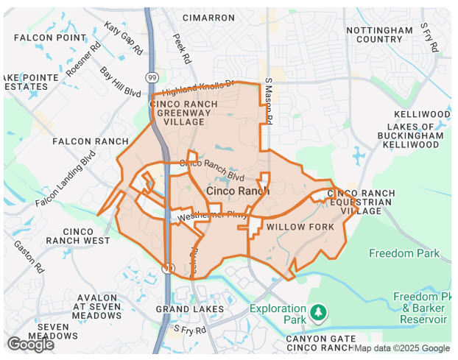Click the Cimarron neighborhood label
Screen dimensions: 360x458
pos(208,17)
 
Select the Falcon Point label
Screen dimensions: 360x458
pos(50,38)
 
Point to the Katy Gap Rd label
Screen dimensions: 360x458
pos(122,38)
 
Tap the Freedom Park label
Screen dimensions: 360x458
pos(404,254)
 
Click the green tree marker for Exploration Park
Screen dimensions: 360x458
pos(318,314)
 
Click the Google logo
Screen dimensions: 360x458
pos(31,344)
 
